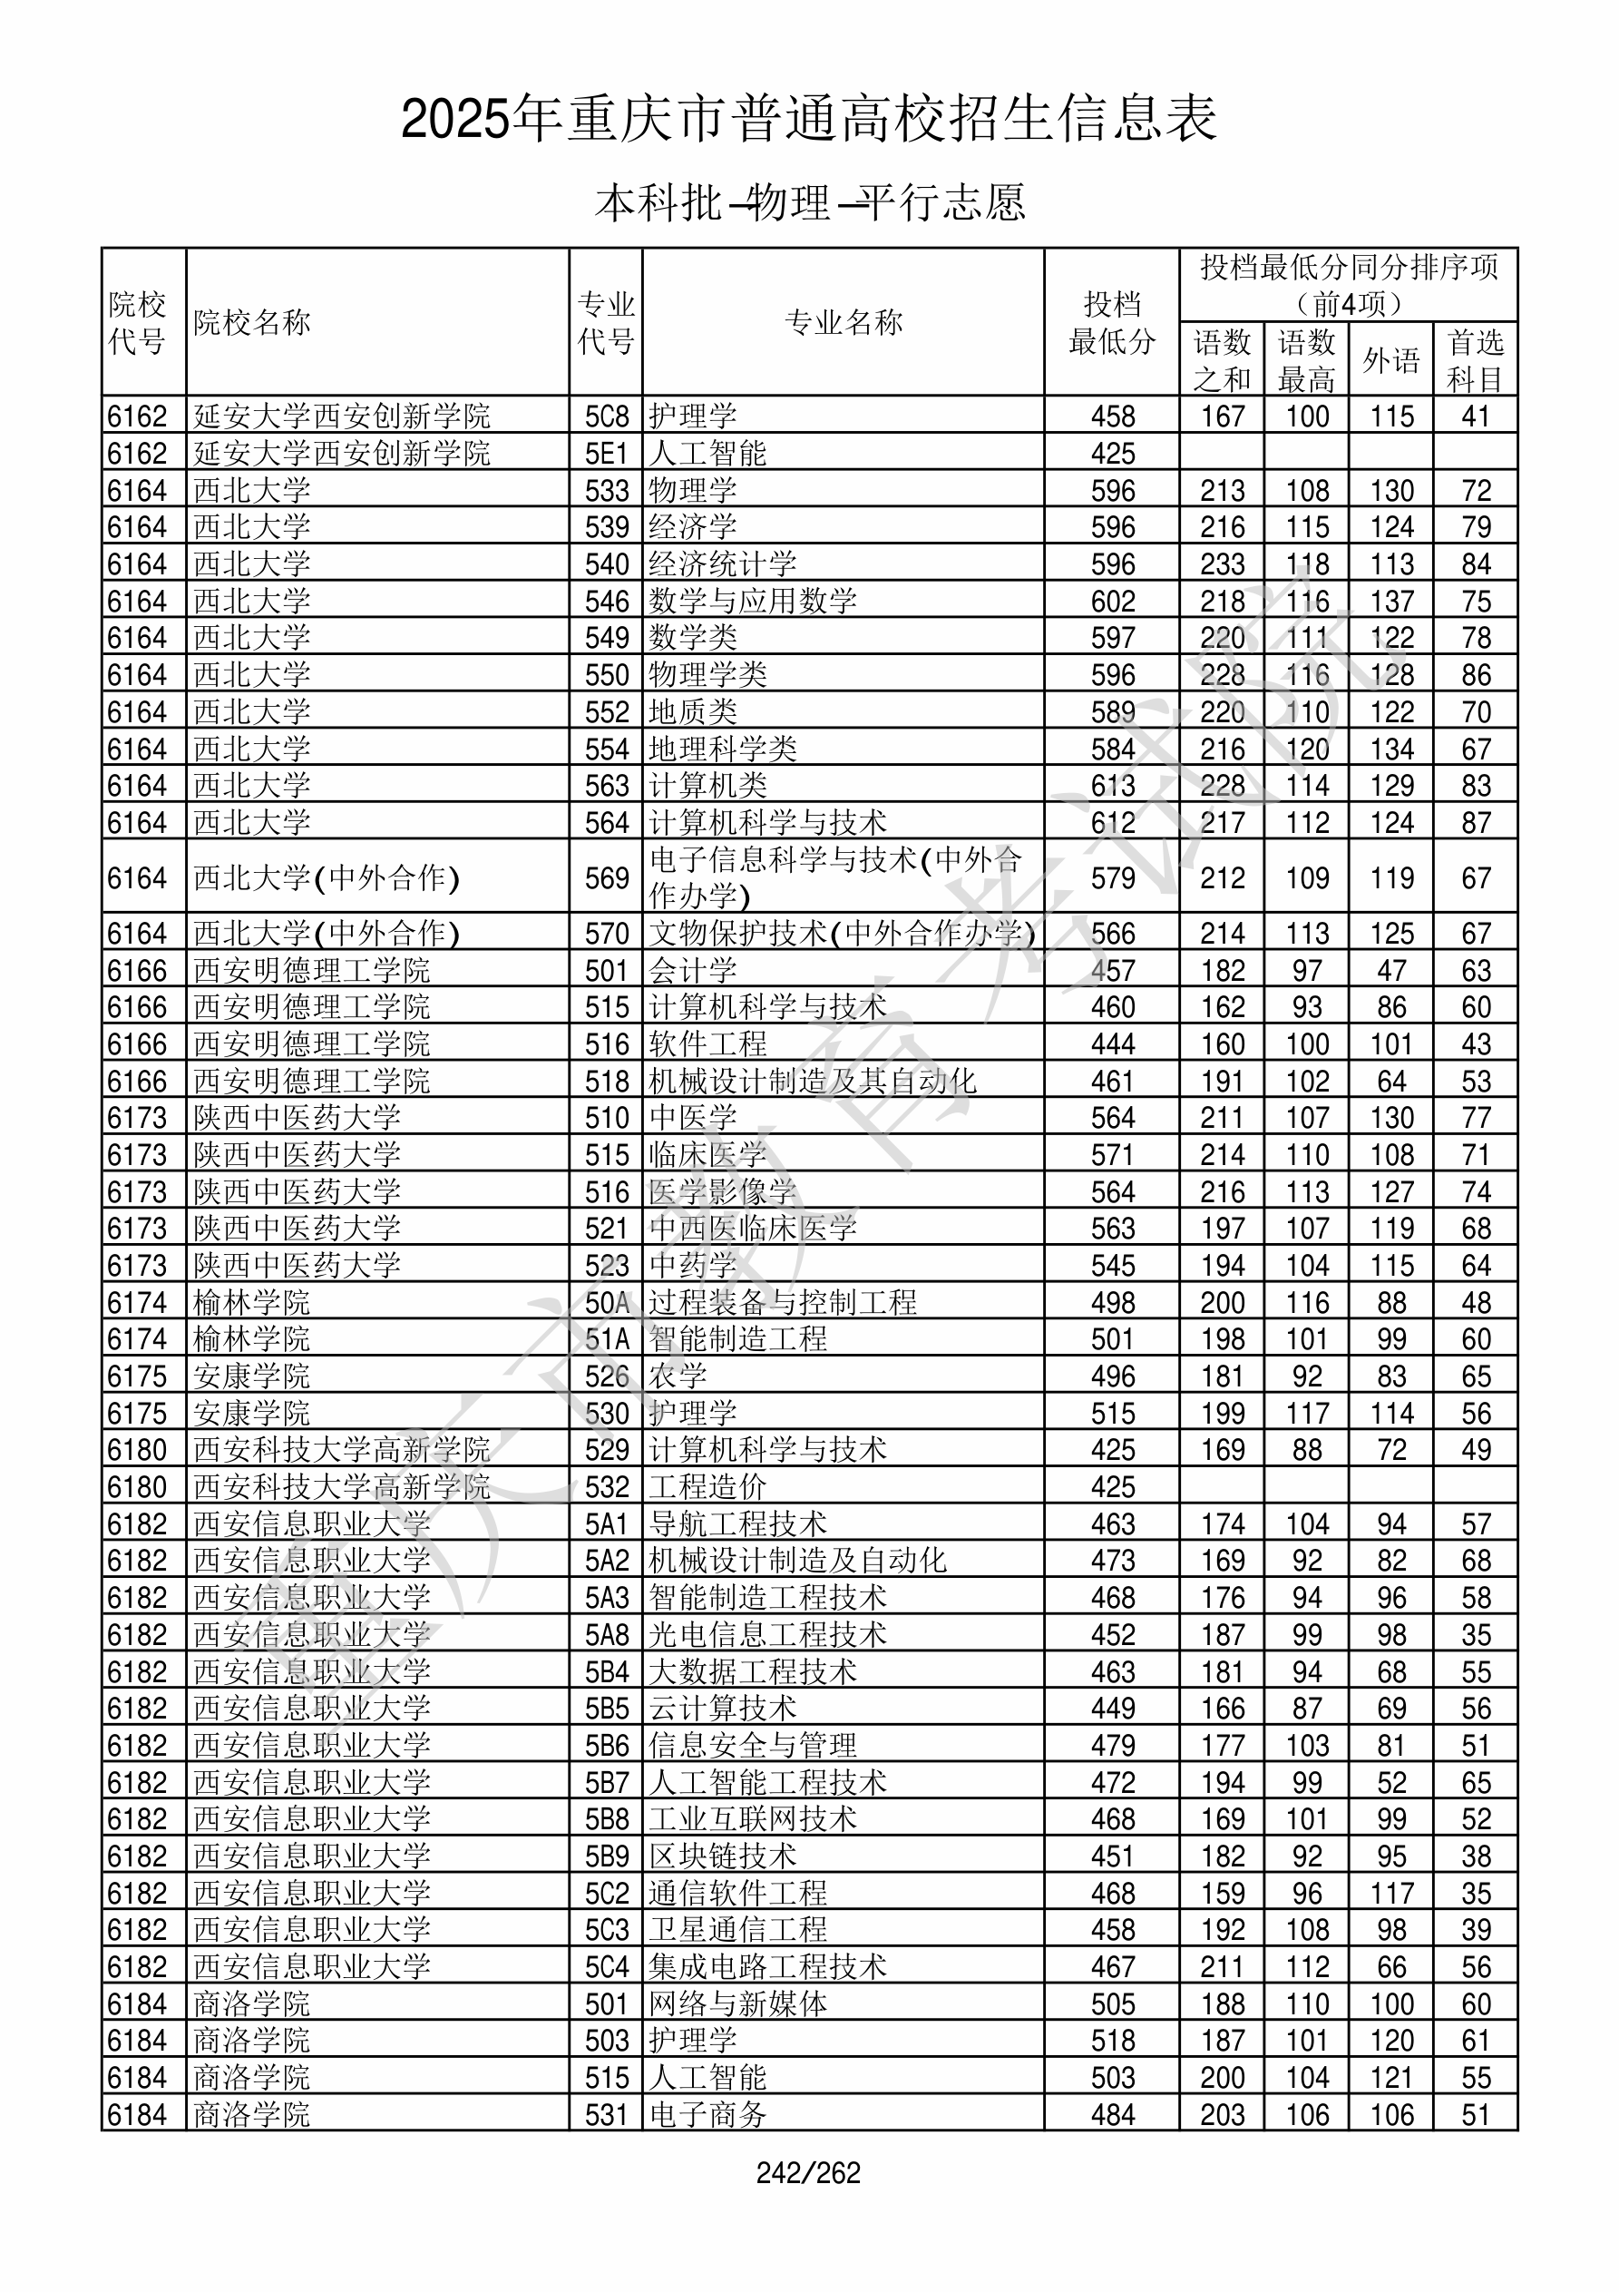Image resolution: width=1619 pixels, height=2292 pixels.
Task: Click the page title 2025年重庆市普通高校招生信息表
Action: point(808,120)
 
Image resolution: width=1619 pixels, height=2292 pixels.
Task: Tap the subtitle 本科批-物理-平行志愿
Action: point(808,202)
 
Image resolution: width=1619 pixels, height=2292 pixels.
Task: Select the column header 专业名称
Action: point(844,322)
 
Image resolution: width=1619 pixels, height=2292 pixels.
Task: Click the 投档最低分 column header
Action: point(1111,322)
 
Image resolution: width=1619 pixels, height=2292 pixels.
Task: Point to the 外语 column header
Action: point(1390,360)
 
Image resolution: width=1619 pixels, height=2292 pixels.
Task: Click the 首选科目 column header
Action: point(1476,360)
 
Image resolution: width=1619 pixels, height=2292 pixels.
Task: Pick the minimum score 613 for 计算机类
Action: point(1113,786)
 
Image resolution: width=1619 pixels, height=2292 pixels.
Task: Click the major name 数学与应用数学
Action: point(753,601)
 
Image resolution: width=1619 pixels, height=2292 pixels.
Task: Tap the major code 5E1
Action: point(606,453)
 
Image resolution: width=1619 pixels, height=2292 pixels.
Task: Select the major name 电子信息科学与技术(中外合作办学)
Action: point(836,877)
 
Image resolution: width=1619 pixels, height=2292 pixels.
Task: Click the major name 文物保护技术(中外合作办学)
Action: point(842,934)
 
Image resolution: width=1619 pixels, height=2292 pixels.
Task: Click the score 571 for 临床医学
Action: point(1113,1155)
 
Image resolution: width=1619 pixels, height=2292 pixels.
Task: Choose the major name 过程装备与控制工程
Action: point(783,1303)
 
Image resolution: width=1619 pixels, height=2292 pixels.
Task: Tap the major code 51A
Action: point(606,1339)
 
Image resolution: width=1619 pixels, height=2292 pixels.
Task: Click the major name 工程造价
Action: point(707,1487)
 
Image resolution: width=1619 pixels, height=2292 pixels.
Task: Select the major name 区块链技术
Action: point(723,1856)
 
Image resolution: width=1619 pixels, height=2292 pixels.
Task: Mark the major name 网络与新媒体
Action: point(737,2004)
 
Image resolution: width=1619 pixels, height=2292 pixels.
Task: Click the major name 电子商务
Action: point(707,2115)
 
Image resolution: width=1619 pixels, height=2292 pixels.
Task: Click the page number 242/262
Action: point(808,2173)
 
